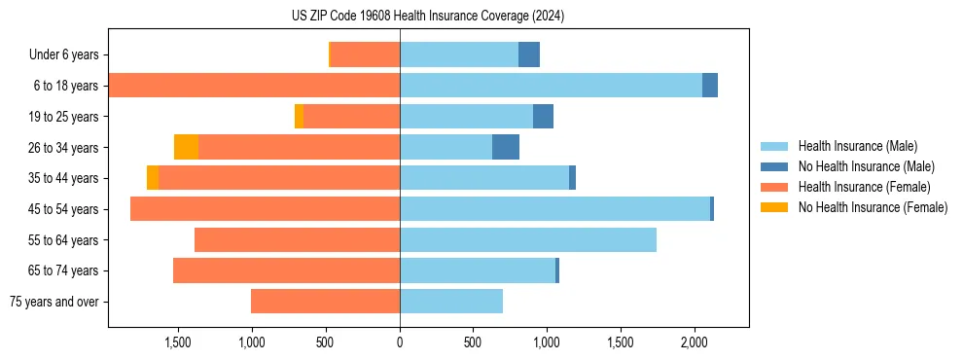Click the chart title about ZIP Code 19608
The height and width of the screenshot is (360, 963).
point(428,17)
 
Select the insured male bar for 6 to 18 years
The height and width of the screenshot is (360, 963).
point(551,86)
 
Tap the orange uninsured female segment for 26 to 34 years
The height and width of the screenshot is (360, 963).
point(186,147)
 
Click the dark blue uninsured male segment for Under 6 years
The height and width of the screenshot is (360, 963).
point(528,54)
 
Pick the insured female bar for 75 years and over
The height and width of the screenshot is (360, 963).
point(325,302)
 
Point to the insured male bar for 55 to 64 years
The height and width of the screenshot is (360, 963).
point(527,239)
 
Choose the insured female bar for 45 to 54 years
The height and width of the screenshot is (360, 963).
point(265,209)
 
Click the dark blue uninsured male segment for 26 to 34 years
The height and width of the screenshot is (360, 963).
point(506,147)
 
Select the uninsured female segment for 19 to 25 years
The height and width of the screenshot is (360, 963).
point(299,117)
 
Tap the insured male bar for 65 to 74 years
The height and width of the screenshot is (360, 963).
point(477,270)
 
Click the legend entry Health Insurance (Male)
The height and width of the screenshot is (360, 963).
point(857,146)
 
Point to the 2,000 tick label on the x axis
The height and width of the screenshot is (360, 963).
point(694,343)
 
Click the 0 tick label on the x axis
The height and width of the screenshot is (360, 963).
point(400,343)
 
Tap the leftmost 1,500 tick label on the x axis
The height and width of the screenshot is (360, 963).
point(178,343)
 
